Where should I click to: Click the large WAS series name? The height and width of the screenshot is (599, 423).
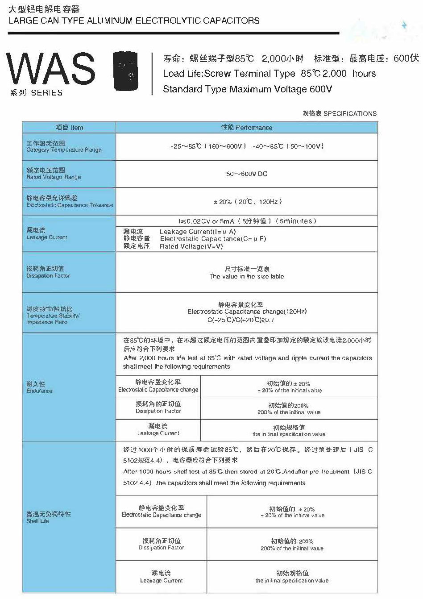coord(51,69)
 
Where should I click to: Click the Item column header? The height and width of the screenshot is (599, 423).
coord(69,128)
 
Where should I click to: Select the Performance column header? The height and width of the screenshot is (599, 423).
coord(247,128)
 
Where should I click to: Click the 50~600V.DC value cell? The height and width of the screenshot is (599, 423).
coord(247,174)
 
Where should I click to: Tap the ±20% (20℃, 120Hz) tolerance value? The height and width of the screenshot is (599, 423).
coord(248,202)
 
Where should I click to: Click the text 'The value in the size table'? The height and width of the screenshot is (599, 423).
coord(247,277)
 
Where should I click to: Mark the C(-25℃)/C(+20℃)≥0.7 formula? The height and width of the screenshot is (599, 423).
coord(241,320)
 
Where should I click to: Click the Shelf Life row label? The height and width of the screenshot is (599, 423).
coord(38,521)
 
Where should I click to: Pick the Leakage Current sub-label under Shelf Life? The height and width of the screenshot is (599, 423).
coord(161,581)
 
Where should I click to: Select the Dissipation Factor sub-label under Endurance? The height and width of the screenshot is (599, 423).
coord(158,411)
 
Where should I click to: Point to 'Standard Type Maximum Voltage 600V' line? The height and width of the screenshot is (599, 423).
coord(248,89)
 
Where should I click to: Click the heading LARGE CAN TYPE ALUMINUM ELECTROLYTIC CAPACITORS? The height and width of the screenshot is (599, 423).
coord(134,21)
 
